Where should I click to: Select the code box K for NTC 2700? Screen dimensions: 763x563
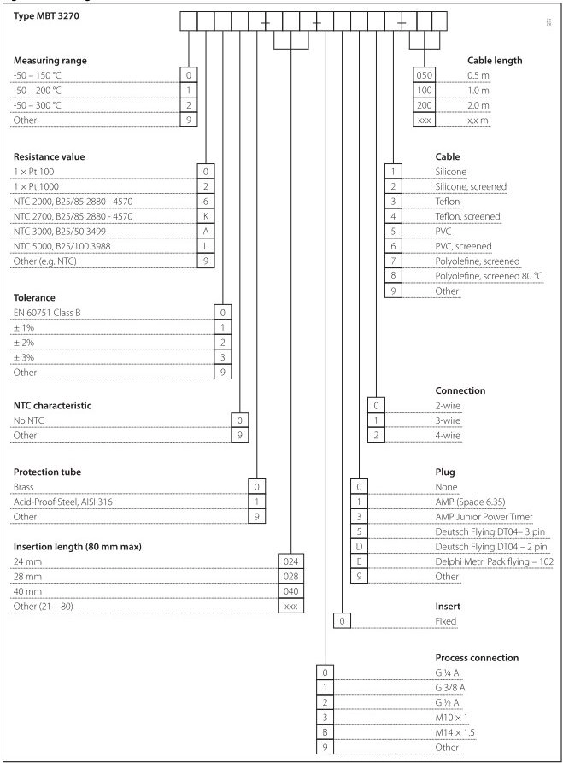(x=204, y=217)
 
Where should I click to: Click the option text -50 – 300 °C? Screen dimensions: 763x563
(x=37, y=106)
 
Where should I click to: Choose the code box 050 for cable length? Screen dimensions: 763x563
(x=425, y=75)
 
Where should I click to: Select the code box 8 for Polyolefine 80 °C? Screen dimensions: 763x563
(x=395, y=275)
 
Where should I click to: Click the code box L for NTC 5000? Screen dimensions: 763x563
(x=204, y=248)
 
